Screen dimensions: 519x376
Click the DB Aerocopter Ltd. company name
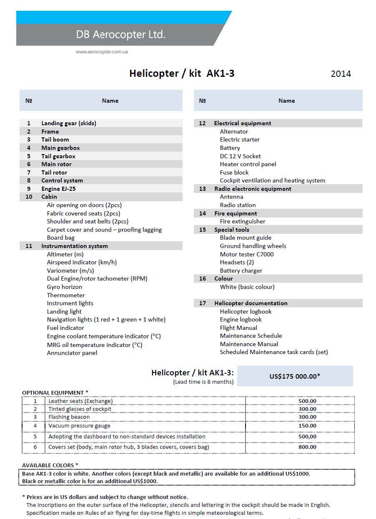[x=120, y=35]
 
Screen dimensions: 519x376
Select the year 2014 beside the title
[x=341, y=74]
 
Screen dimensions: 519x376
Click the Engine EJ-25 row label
[x=58, y=189]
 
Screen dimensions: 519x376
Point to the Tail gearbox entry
[x=58, y=156]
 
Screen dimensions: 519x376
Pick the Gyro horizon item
[x=64, y=287]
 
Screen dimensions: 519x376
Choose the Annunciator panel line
[x=72, y=353]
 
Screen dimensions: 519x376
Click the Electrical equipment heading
[x=242, y=123]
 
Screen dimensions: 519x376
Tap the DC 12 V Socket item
[x=240, y=156]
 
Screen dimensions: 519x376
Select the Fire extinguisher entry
[x=242, y=221]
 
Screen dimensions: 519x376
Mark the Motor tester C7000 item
[x=246, y=254]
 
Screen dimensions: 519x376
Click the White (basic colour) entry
[x=247, y=287]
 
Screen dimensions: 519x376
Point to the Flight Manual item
[x=238, y=328]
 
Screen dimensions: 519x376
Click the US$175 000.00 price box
[x=295, y=376]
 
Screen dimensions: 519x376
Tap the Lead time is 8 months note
[x=203, y=382]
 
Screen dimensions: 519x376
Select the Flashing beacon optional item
[x=69, y=417]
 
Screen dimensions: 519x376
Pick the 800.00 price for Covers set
[x=307, y=447]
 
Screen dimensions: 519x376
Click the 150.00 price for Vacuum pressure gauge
[x=307, y=426]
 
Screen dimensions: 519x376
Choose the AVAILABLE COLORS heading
[x=50, y=465]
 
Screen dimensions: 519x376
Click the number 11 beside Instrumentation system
[x=29, y=246]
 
